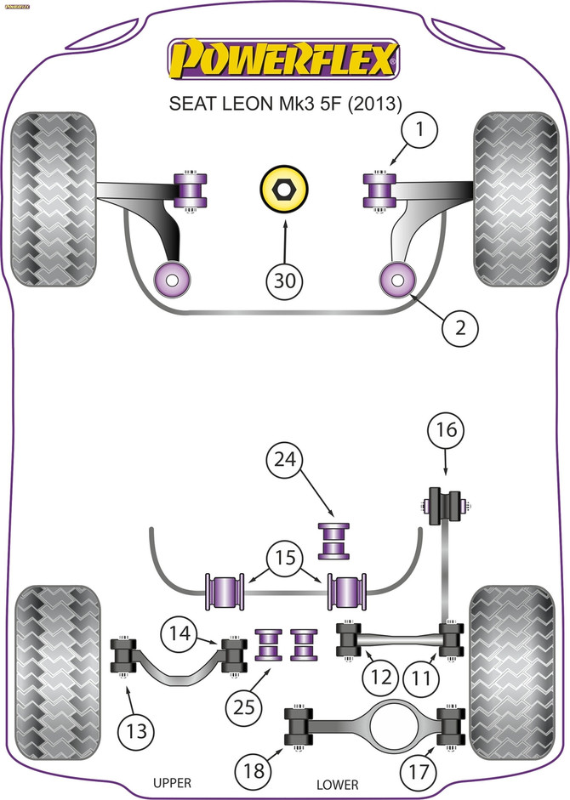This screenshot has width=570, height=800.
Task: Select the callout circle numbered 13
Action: point(136,728)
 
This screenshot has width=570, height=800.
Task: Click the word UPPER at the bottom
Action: point(170,783)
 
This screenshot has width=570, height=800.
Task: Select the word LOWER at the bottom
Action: point(336,784)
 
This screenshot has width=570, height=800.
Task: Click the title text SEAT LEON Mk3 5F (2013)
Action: point(286,102)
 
